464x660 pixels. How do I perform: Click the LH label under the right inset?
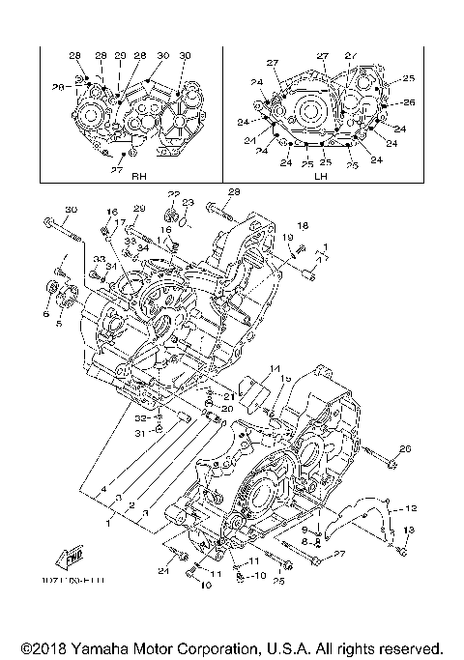(319, 177)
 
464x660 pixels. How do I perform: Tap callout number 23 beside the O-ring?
(188, 202)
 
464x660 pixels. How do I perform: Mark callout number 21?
(229, 396)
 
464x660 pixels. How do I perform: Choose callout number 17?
(120, 223)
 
